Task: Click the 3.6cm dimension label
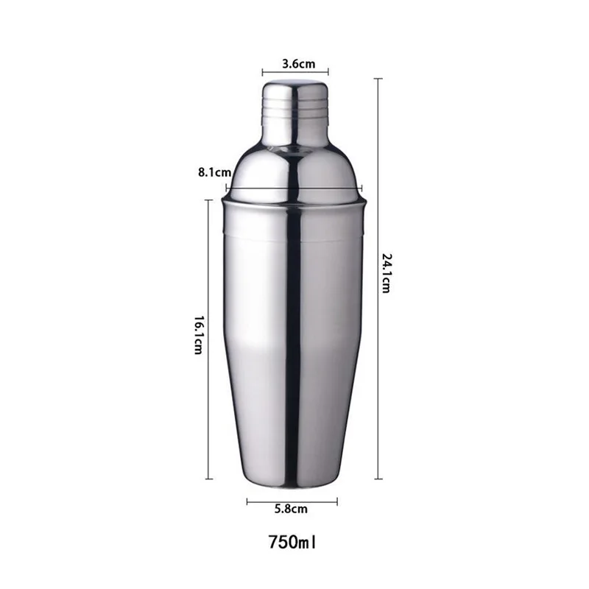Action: click(x=294, y=64)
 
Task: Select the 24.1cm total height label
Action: click(x=385, y=272)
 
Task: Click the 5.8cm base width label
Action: click(x=292, y=509)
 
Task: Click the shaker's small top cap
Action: click(x=294, y=110)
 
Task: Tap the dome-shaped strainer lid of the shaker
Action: click(x=294, y=169)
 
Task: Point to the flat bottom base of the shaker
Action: click(x=294, y=482)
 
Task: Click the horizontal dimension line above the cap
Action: click(x=294, y=73)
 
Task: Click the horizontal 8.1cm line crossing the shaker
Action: click(x=294, y=188)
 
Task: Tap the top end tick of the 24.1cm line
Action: click(x=378, y=79)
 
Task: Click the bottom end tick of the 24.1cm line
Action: click(x=378, y=479)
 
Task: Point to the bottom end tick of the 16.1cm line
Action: click(x=208, y=479)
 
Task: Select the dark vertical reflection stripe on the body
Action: click(x=293, y=331)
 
